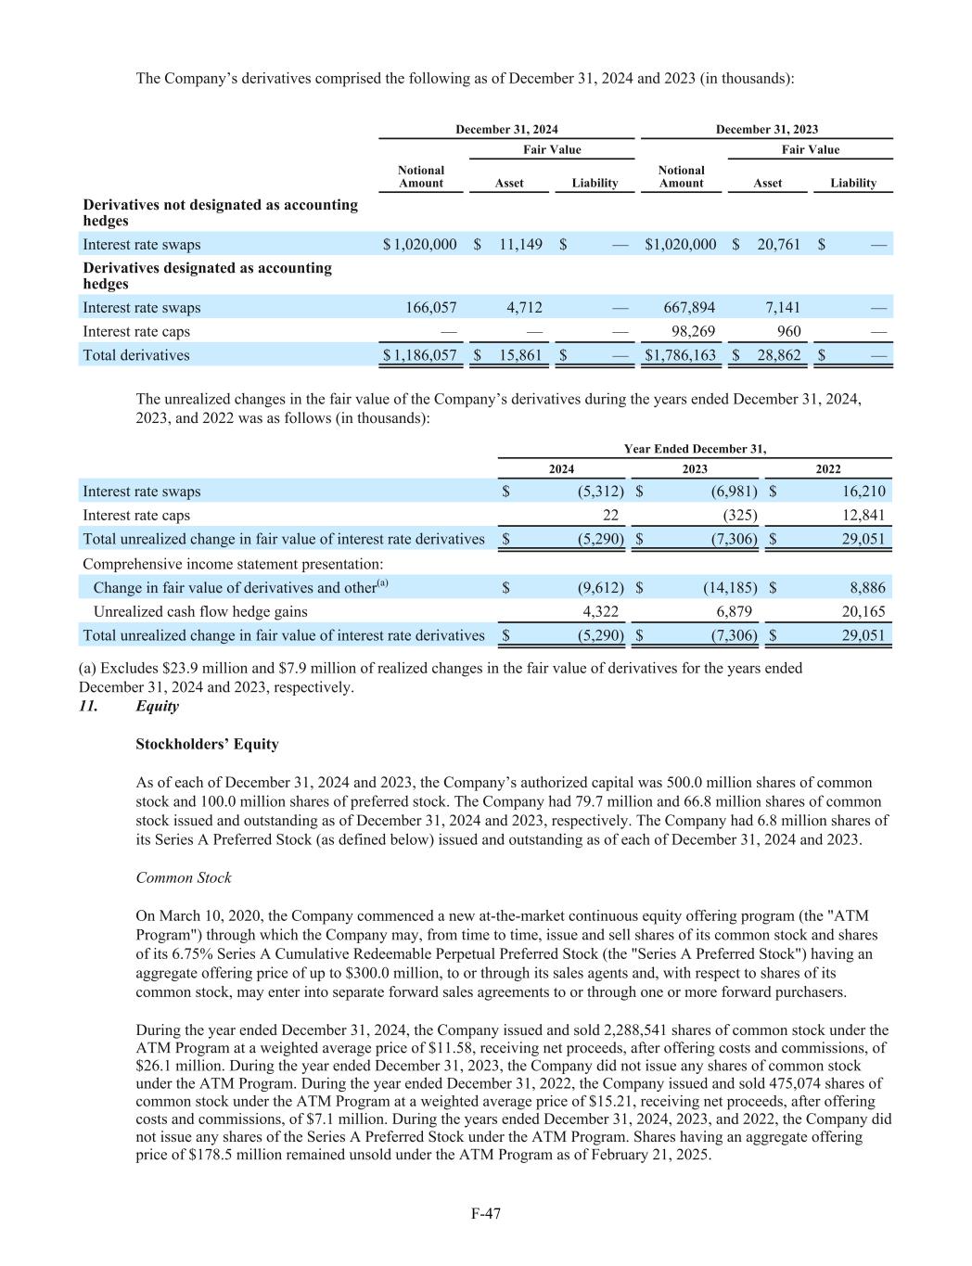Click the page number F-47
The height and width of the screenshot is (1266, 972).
pyautogui.click(x=486, y=1213)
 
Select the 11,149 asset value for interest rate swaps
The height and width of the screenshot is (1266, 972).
pyautogui.click(x=520, y=245)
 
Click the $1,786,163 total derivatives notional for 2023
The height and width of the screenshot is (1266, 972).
pyautogui.click(x=681, y=355)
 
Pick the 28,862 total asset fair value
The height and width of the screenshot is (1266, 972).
pyautogui.click(x=778, y=355)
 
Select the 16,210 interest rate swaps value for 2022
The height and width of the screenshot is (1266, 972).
pyautogui.click(x=863, y=492)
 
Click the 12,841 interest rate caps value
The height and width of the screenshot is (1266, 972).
pyautogui.click(x=863, y=516)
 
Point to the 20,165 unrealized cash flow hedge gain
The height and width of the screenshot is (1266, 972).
pyautogui.click(x=863, y=612)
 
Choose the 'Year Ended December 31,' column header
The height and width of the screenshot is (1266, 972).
pyautogui.click(x=695, y=449)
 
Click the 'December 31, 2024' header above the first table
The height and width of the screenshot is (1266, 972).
pyautogui.click(x=506, y=130)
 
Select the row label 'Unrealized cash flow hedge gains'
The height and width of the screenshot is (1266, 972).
pyautogui.click(x=200, y=612)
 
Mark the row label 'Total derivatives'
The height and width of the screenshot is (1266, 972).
pyautogui.click(x=136, y=355)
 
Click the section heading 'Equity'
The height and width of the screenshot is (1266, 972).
pyautogui.click(x=158, y=707)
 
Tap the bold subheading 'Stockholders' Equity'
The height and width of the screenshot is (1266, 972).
pyautogui.click(x=207, y=745)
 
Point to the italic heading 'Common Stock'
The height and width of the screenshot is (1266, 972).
pyautogui.click(x=184, y=878)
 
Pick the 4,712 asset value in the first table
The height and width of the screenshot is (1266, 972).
pyautogui.click(x=524, y=308)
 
